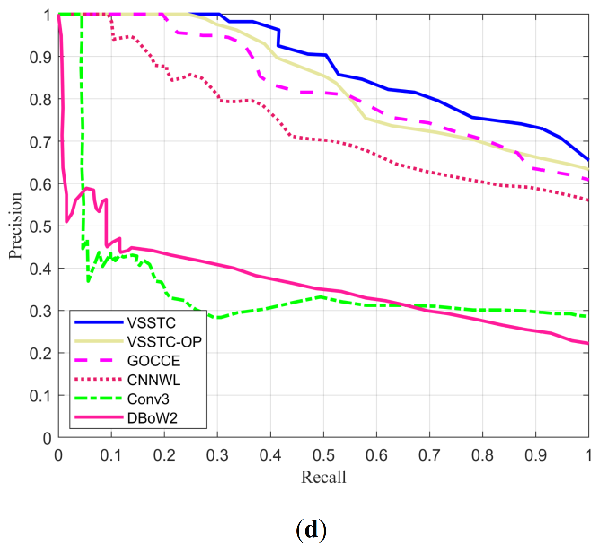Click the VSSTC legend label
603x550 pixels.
(x=151, y=323)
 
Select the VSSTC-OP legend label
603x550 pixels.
(x=165, y=341)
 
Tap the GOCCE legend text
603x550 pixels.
(x=154, y=361)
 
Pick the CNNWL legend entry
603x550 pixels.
(x=154, y=380)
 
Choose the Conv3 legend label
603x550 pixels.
(x=148, y=399)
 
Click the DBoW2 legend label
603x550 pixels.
(x=152, y=418)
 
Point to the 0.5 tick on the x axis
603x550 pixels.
(x=323, y=455)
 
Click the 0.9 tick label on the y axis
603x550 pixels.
(x=40, y=57)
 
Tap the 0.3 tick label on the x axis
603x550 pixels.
(x=217, y=455)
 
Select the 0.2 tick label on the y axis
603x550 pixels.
(x=40, y=353)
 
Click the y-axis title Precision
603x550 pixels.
(x=15, y=226)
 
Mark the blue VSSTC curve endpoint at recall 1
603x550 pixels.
(x=588, y=160)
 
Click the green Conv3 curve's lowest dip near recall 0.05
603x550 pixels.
(x=88, y=281)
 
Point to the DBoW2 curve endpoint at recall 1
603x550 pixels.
(x=588, y=344)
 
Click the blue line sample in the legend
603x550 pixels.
(x=99, y=322)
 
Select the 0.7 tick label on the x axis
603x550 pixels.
(x=429, y=455)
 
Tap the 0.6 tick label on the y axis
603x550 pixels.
(x=40, y=184)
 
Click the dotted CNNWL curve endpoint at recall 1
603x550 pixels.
(x=588, y=200)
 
